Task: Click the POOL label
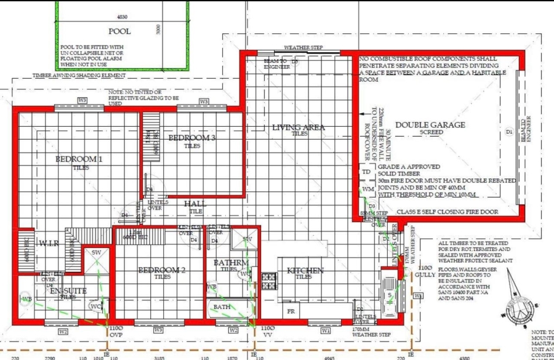point(119,31)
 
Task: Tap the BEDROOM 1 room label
point(76,159)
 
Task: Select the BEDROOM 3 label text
point(191,138)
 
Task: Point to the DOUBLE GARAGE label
point(430,125)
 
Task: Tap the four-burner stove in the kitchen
point(269,281)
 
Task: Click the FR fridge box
point(291,312)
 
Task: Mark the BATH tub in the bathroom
point(221,307)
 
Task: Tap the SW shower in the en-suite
point(97,254)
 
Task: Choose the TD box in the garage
point(367,172)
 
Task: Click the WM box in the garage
point(367,188)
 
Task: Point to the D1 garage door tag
point(508,132)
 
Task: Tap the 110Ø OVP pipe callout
point(116,332)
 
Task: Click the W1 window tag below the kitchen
point(325,330)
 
